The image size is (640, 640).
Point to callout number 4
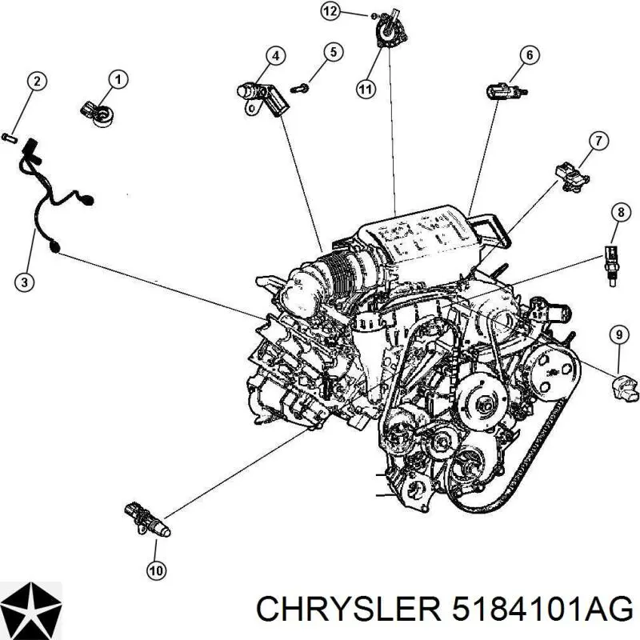(274, 55)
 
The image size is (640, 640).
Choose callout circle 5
(333, 52)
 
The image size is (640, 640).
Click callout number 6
(528, 55)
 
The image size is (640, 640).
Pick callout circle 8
(619, 212)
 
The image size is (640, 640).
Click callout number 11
(365, 90)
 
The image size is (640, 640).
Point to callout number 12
(330, 10)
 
